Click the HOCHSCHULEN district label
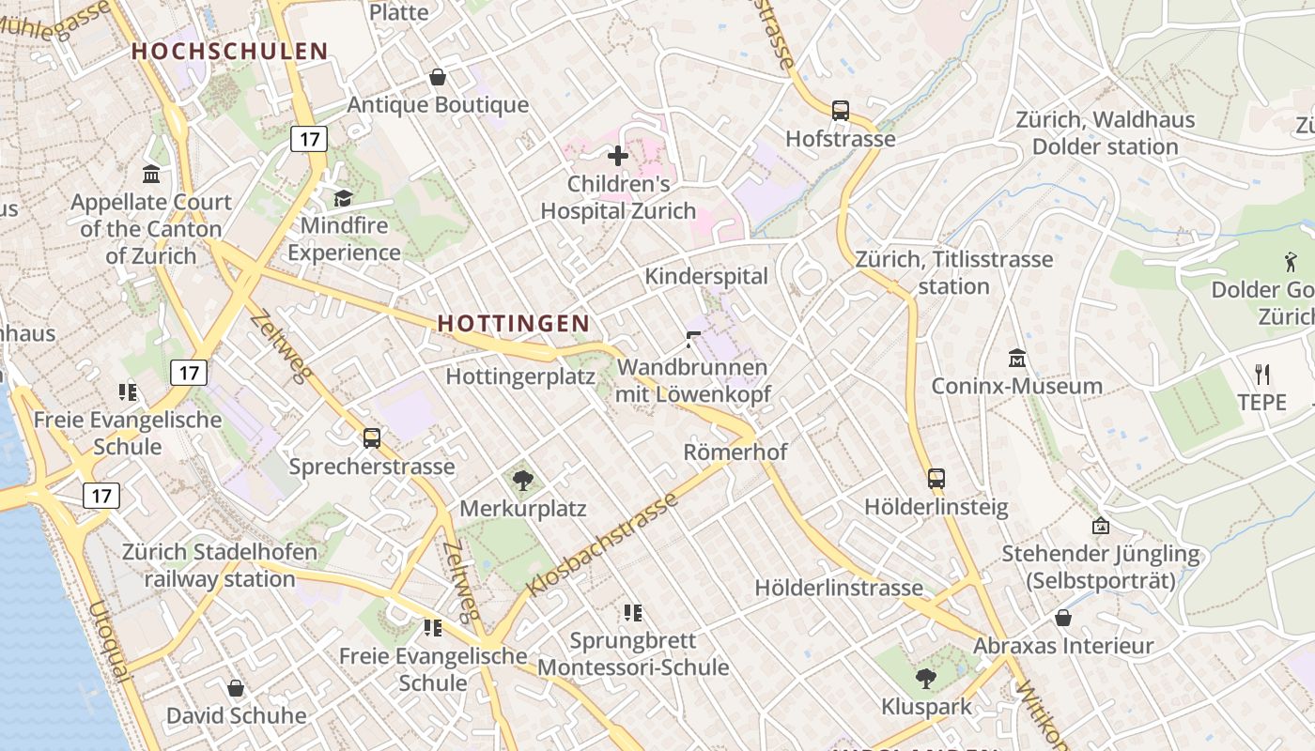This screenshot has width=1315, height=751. [229, 52]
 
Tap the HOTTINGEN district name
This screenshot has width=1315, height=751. [514, 323]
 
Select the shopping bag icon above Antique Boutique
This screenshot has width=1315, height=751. [437, 77]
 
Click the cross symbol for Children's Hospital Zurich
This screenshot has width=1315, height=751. [618, 156]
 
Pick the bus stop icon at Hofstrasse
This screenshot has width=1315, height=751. [841, 111]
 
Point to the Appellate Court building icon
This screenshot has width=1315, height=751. [151, 175]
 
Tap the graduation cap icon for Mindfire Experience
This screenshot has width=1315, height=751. [343, 198]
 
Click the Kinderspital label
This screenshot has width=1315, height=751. [705, 276]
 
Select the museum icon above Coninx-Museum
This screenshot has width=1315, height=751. [1016, 359]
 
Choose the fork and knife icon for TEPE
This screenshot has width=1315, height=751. [1261, 375]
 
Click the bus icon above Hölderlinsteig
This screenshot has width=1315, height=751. [936, 479]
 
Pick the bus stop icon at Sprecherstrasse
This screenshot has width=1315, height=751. [372, 438]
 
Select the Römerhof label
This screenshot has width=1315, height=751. [735, 452]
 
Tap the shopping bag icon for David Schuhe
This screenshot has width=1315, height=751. [236, 688]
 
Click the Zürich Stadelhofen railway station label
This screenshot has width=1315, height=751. [220, 565]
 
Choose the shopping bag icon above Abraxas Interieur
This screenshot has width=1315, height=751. [1063, 618]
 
